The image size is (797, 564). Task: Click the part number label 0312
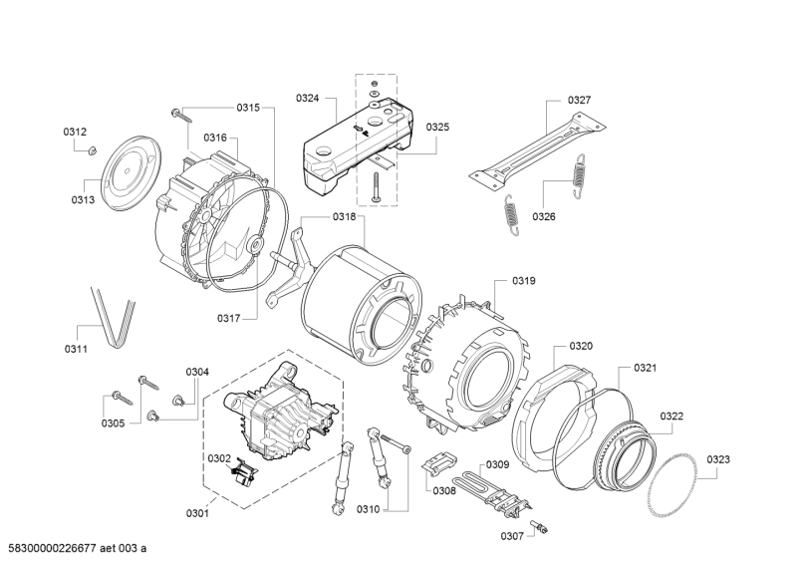click(75, 132)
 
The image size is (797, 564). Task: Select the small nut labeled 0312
click(90, 150)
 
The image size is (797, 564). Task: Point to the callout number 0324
click(307, 98)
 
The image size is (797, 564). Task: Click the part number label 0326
click(543, 216)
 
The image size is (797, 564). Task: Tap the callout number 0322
click(671, 416)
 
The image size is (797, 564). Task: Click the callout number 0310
click(369, 509)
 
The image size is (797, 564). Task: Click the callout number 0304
click(197, 372)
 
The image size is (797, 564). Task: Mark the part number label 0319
click(524, 281)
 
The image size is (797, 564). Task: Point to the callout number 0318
click(317, 216)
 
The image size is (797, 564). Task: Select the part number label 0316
click(215, 138)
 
